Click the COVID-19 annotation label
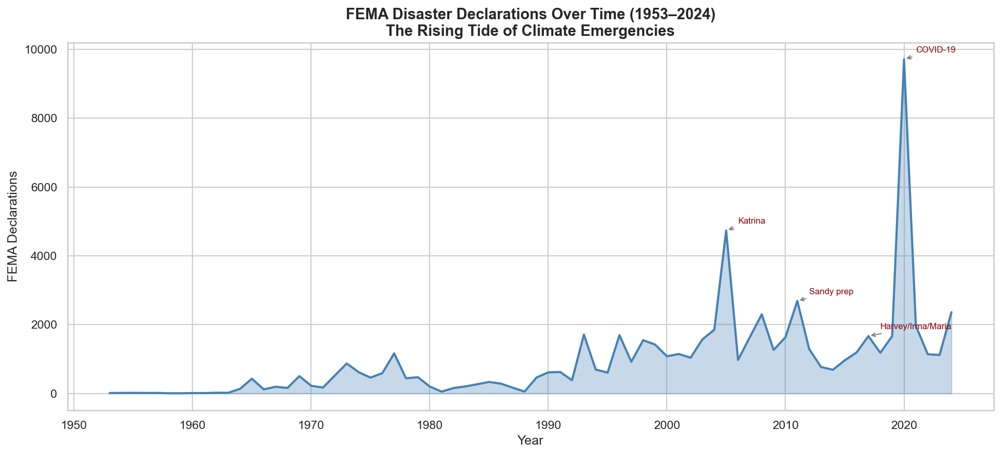click(x=935, y=50)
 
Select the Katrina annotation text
click(x=751, y=221)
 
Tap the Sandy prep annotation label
click(x=831, y=292)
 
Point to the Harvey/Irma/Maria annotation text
click(x=915, y=327)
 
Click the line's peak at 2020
click(x=904, y=59)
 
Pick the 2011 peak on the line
click(x=797, y=301)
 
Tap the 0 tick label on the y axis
click(x=54, y=394)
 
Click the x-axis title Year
click(x=530, y=441)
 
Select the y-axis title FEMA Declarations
click(x=12, y=226)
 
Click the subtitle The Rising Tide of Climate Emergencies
click(x=530, y=31)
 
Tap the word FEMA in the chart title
click(x=364, y=15)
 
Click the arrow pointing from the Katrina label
click(x=731, y=228)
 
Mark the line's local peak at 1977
click(x=394, y=354)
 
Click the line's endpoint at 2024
click(x=951, y=312)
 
